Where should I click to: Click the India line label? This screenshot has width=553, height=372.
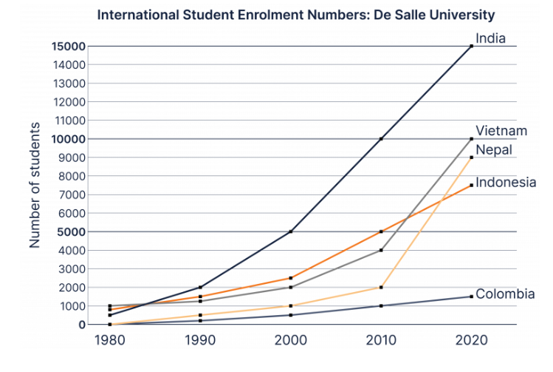pyautogui.click(x=490, y=38)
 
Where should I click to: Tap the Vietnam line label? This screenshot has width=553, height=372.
pyautogui.click(x=501, y=131)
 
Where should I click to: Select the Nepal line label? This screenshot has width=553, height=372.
pyautogui.click(x=494, y=150)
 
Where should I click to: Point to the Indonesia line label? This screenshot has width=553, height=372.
pyautogui.click(x=506, y=182)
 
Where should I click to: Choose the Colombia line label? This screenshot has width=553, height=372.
pyautogui.click(x=505, y=294)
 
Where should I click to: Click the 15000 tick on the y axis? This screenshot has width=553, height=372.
pyautogui.click(x=68, y=46)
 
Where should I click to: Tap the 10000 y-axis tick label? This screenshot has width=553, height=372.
pyautogui.click(x=68, y=139)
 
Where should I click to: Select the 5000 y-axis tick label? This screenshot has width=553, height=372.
pyautogui.click(x=71, y=231)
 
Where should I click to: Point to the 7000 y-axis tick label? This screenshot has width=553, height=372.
pyautogui.click(x=71, y=195)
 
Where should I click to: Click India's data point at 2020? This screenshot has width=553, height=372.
pyautogui.click(x=471, y=46)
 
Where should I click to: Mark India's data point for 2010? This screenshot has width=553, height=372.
pyautogui.click(x=381, y=139)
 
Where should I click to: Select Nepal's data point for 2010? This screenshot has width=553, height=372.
pyautogui.click(x=381, y=287)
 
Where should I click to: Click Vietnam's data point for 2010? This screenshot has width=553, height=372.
pyautogui.click(x=381, y=250)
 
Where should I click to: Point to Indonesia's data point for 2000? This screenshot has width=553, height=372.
pyautogui.click(x=291, y=278)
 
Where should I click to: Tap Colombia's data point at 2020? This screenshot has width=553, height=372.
pyautogui.click(x=471, y=297)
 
